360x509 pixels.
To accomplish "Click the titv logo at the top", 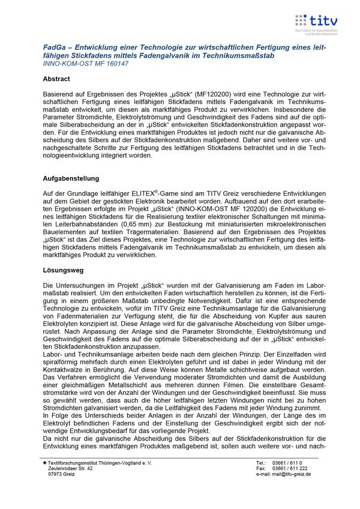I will click(x=316, y=22).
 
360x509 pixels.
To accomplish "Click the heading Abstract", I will click(x=56, y=79).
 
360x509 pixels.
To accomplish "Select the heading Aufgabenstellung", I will click(x=71, y=178).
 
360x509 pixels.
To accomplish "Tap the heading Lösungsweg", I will click(x=62, y=270).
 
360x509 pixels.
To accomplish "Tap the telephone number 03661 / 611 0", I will click(x=287, y=463).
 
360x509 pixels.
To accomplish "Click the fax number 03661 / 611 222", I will click(x=290, y=469).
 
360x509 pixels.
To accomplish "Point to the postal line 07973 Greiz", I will click(x=63, y=474).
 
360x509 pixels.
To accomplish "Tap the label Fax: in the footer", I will click(x=261, y=469).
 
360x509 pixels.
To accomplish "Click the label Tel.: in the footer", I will click(x=261, y=463).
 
